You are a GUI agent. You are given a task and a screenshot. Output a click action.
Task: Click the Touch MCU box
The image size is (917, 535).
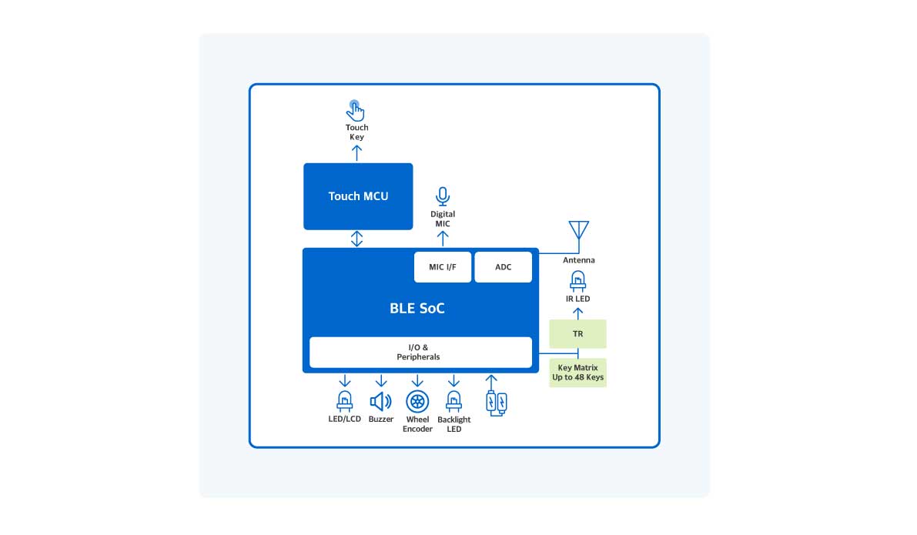(x=358, y=196)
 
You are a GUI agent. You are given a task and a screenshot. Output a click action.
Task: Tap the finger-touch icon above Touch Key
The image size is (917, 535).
(x=355, y=110)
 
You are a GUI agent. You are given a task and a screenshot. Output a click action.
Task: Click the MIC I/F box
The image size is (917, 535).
(x=442, y=267)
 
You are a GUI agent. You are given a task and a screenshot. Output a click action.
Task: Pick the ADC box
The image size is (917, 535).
(x=503, y=267)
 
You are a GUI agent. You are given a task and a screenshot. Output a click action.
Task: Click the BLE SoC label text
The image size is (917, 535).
(x=417, y=309)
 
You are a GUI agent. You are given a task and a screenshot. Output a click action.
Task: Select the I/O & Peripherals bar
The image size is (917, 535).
(x=420, y=353)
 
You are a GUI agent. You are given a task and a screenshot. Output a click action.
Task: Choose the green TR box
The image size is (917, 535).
(x=577, y=334)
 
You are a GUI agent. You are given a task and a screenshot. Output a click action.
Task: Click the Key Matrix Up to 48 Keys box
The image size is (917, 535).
(x=577, y=373)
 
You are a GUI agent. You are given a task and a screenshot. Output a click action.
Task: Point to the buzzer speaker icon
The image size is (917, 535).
(x=380, y=401)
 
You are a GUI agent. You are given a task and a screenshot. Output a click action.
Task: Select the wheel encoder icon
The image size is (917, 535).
(x=417, y=401)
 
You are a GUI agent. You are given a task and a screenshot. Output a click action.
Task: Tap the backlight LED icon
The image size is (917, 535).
(x=453, y=400)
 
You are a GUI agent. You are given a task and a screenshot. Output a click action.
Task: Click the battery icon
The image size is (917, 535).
(x=496, y=402)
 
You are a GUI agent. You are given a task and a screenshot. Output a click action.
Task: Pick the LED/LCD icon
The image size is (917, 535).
(x=344, y=400)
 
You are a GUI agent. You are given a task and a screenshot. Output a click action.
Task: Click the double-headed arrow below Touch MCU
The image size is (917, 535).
(x=356, y=239)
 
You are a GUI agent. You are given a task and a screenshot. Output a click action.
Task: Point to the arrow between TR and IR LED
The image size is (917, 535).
(x=578, y=312)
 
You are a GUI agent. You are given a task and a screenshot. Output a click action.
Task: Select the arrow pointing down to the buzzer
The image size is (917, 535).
(x=380, y=380)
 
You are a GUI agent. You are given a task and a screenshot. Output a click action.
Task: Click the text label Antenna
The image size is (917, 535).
(x=578, y=260)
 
